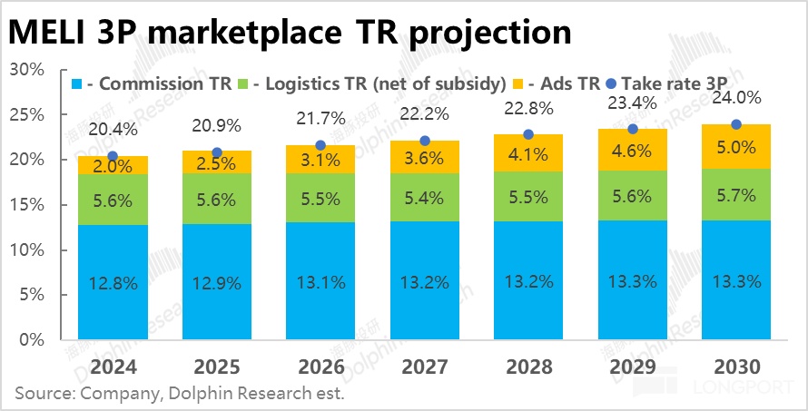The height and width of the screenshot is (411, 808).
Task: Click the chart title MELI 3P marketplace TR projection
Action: tap(291, 32)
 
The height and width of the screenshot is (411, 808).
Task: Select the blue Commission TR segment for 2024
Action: tap(113, 282)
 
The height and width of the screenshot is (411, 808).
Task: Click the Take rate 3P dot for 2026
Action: tap(320, 145)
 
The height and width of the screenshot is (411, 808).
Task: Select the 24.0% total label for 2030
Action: tap(736, 98)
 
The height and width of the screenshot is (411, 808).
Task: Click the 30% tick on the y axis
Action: tap(27, 70)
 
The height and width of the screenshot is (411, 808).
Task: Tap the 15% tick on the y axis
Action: tap(27, 205)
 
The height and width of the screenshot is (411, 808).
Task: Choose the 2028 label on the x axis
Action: tap(528, 367)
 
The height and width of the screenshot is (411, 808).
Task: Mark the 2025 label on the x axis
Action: tap(216, 367)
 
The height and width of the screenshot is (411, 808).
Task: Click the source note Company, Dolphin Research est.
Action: tap(180, 395)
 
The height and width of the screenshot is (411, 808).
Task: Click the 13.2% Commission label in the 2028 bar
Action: tap(528, 282)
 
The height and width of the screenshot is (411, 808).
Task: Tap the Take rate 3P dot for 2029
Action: tap(633, 130)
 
